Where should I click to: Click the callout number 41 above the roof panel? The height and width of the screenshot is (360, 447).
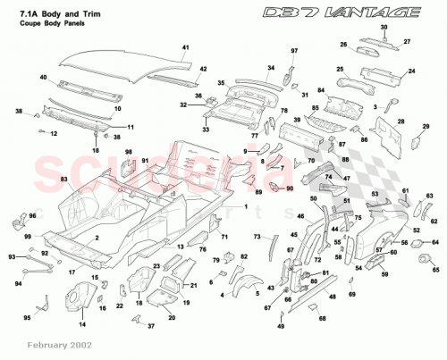187,46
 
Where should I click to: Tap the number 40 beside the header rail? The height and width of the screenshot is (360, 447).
44,79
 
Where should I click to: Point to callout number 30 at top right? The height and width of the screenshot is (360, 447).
384,29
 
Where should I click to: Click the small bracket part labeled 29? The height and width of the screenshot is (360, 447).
414,139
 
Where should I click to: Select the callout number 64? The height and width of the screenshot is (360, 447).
435,242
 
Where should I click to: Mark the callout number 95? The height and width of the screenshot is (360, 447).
26,317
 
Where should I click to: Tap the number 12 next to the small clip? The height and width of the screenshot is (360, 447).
54,134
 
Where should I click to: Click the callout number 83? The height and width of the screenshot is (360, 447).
63,180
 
